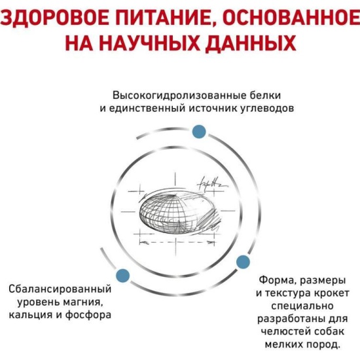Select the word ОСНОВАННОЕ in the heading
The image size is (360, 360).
pyautogui.click(x=291, y=17)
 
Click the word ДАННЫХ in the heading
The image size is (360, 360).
pyautogui.click(x=251, y=43)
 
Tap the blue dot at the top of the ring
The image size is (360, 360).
pyautogui.click(x=199, y=132)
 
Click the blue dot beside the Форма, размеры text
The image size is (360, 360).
pyautogui.click(x=243, y=262)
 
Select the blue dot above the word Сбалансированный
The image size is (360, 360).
pyautogui.click(x=123, y=276)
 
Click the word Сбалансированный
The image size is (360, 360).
pyautogui.click(x=60, y=289)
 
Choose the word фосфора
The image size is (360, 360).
pyautogui.click(x=88, y=315)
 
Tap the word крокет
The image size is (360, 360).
pyautogui.click(x=331, y=293)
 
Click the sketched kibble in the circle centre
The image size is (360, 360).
pyautogui.click(x=177, y=212)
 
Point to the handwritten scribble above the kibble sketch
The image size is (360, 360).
pyautogui.click(x=211, y=185)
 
